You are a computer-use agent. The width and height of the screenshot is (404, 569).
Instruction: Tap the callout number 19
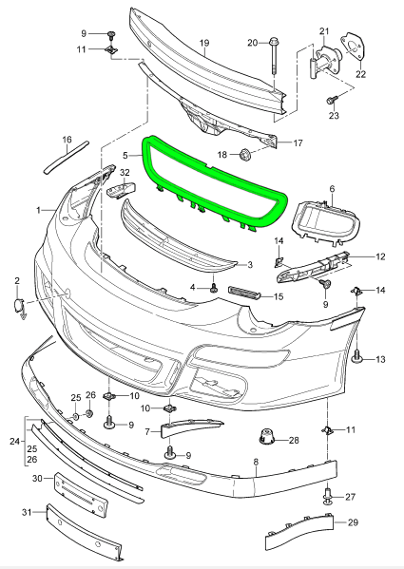[x=203, y=43]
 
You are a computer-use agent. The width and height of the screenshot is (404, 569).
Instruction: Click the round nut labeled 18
[x=245, y=154]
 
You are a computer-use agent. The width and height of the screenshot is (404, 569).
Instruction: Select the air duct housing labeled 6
[x=326, y=219]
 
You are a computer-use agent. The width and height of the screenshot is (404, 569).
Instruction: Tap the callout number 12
[x=380, y=256]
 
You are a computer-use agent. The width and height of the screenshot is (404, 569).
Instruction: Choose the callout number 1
[x=39, y=208]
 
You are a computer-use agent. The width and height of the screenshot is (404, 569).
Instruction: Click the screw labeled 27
[x=329, y=494]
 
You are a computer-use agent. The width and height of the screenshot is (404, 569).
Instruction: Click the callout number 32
[x=125, y=172]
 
